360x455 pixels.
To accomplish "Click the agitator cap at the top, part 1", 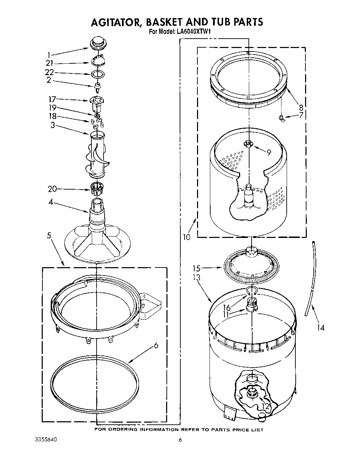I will (x=98, y=45).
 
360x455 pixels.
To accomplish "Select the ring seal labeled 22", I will (x=98, y=74).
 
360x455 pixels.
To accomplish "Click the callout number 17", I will (x=52, y=99).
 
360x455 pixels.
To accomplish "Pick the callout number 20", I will (x=52, y=189).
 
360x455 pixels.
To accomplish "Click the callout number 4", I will (x=51, y=202).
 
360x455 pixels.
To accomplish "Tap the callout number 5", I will (x=49, y=236).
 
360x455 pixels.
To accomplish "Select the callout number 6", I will (x=156, y=345).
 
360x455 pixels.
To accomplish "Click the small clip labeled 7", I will (x=282, y=119).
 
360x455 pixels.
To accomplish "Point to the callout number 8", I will (x=301, y=107).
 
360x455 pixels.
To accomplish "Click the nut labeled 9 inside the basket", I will (x=249, y=143).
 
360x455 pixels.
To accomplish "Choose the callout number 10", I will (x=187, y=237).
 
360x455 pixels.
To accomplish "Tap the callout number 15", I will (x=197, y=268).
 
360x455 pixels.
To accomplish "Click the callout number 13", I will (x=197, y=277).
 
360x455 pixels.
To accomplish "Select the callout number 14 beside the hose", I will (x=321, y=327).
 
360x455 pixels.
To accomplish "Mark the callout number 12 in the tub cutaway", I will (x=265, y=406).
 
